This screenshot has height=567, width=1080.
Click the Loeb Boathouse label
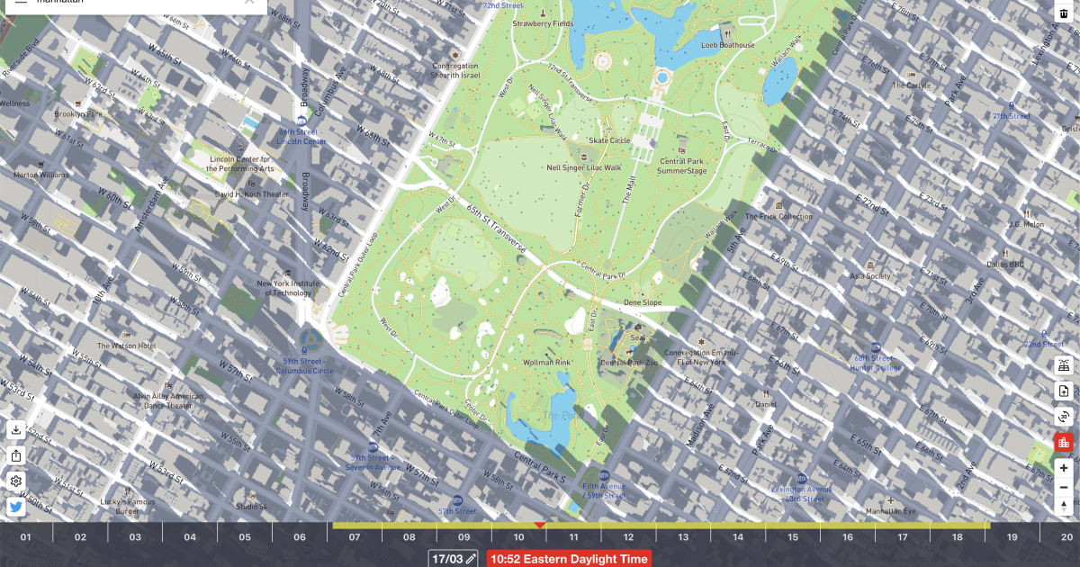728,44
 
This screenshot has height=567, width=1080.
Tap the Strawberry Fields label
543,23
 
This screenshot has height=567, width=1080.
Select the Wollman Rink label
546,362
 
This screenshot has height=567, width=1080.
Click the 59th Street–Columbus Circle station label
304,365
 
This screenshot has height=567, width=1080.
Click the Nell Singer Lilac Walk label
584,167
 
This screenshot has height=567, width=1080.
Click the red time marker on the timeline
540,525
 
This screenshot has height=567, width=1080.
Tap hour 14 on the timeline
738,537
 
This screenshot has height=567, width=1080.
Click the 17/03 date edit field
453,559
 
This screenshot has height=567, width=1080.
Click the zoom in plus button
1064,468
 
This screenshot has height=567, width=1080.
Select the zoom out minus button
1064,488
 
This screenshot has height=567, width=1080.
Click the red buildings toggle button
1064,442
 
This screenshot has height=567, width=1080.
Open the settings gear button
16,481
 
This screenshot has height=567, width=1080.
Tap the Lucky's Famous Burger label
127,506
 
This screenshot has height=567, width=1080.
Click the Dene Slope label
643,302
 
